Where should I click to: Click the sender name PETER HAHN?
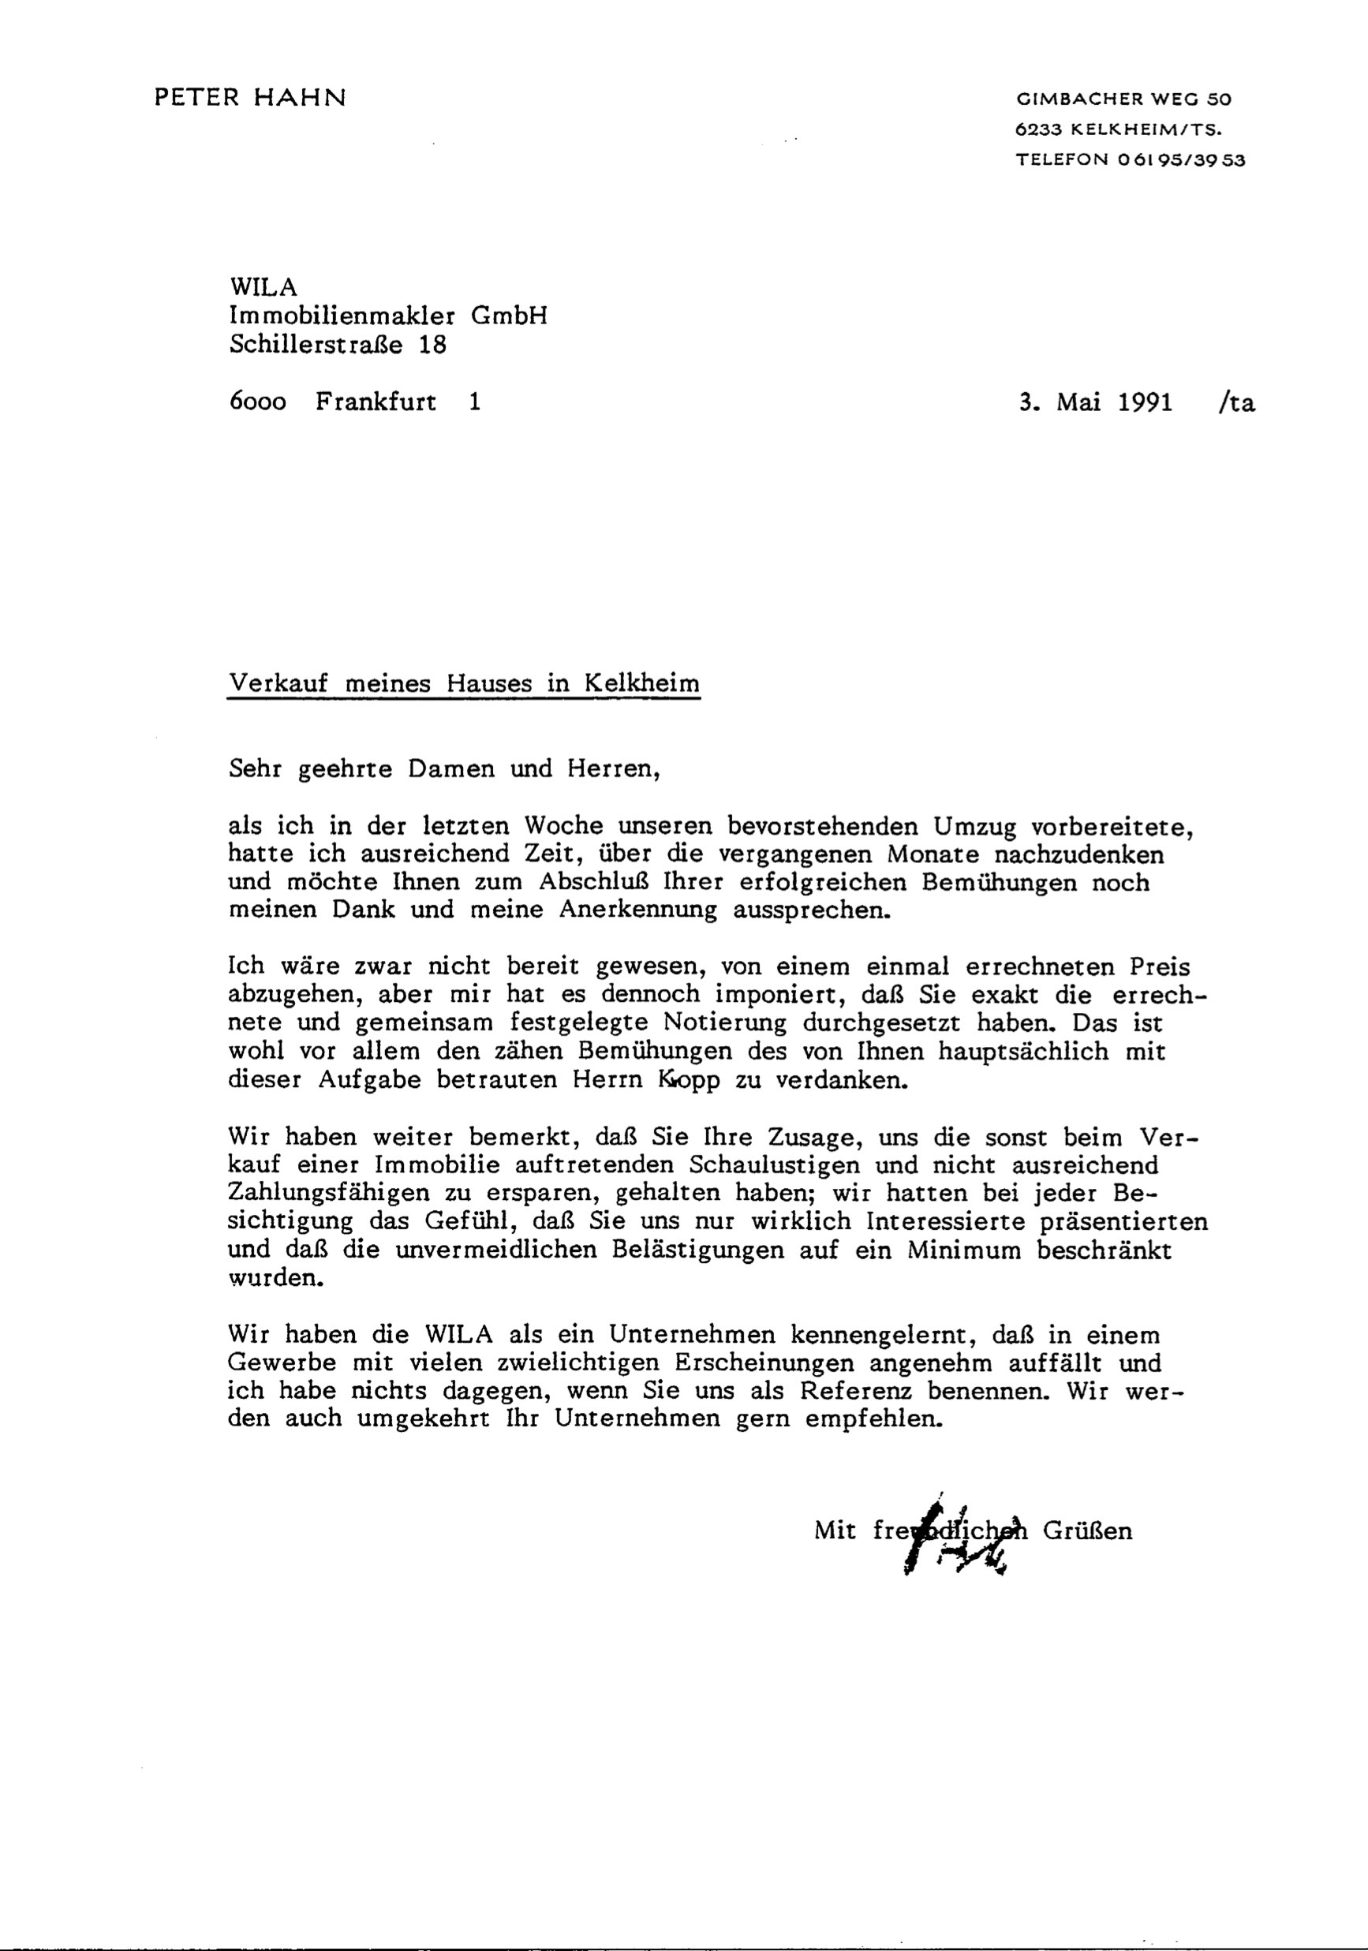pyautogui.click(x=250, y=98)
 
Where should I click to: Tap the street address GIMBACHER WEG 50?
pyautogui.click(x=1123, y=99)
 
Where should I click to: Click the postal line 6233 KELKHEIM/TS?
pyautogui.click(x=1118, y=130)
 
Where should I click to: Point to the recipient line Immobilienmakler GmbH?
pyautogui.click(x=388, y=316)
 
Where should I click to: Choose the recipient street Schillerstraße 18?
pyautogui.click(x=338, y=344)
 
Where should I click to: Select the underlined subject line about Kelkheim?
pyautogui.click(x=464, y=684)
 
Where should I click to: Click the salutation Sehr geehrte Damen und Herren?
pyautogui.click(x=444, y=769)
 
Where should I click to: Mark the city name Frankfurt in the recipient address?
pyautogui.click(x=376, y=402)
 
